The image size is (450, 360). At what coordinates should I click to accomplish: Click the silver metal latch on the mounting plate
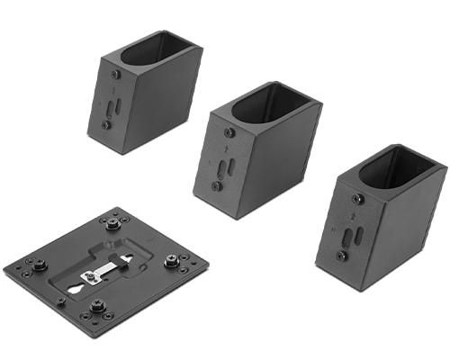(103, 273)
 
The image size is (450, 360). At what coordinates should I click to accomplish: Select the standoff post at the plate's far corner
(112, 222)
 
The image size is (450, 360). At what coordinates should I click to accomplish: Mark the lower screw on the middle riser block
(216, 186)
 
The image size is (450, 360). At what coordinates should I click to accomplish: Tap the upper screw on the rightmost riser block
(358, 198)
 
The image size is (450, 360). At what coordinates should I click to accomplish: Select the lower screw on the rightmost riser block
(342, 256)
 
